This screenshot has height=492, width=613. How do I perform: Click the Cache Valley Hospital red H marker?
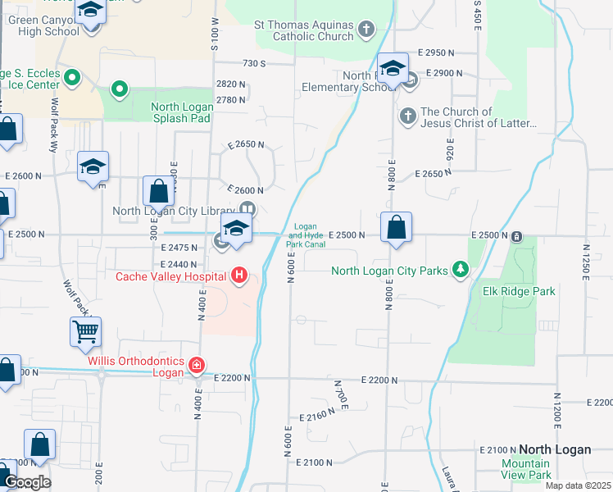pos(239,276)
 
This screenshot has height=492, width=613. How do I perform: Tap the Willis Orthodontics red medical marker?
pos(196,364)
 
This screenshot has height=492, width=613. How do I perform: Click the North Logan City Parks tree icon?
pos(461,270)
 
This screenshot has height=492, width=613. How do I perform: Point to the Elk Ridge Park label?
pos(519,291)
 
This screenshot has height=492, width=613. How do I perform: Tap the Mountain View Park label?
pos(526,469)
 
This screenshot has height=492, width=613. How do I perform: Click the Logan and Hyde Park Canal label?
pos(305,235)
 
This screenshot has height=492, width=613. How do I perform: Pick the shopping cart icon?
pos(85,332)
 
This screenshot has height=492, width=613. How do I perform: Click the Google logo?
pos(26,482)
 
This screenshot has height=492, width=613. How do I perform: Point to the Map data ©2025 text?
pos(579,485)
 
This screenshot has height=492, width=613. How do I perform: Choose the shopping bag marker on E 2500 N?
pos(396,229)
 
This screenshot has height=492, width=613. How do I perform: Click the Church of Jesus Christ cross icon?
pos(408,116)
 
